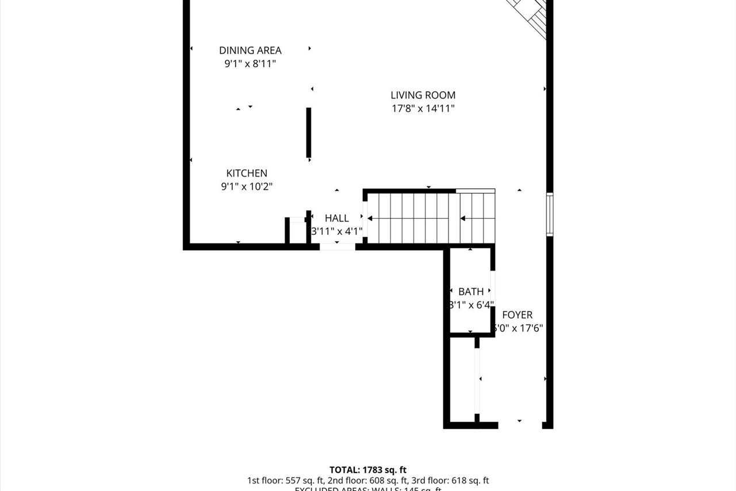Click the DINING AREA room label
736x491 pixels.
coord(250,51)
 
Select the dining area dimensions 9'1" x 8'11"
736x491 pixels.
coord(250,64)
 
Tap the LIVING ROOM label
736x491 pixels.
coord(423,96)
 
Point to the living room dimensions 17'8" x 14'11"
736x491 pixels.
coord(423,108)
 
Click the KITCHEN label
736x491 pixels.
coord(247,173)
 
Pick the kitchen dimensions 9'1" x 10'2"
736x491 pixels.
coord(247,186)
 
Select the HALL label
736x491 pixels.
coord(336,218)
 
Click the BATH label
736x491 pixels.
coord(471,292)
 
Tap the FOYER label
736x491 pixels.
coord(517,315)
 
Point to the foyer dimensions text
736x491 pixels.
coord(519,328)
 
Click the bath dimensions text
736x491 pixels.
coord(471,305)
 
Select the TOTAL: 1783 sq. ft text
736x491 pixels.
coord(368,470)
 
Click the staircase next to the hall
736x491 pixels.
coord(431,218)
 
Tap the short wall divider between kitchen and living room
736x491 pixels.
coord(309,132)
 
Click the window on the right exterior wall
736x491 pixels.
coord(550,214)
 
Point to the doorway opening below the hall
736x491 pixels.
coord(338,247)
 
